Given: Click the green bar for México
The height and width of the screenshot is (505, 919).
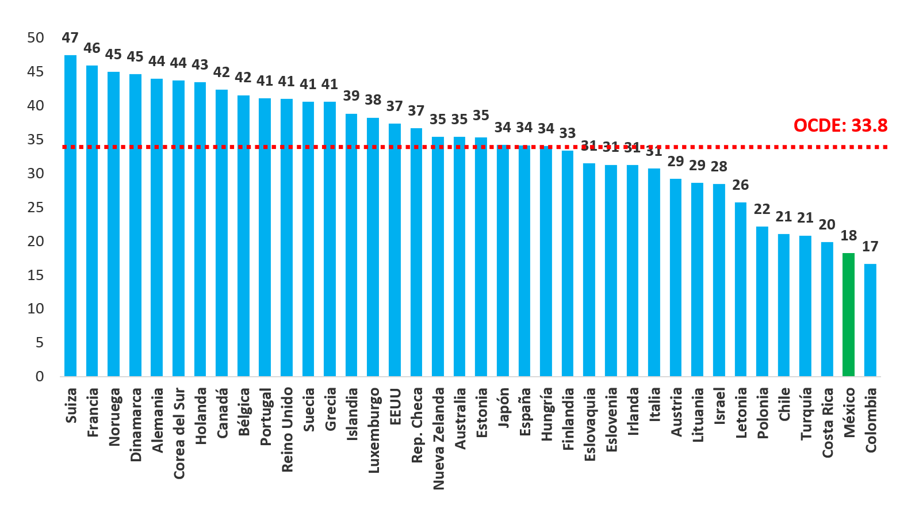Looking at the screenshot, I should pyautogui.click(x=848, y=315).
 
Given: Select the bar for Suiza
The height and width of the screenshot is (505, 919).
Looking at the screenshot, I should pyautogui.click(x=70, y=216).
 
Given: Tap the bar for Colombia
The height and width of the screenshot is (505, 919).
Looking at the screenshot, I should pyautogui.click(x=870, y=320).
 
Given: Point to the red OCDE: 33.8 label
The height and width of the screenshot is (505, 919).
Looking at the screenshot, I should pyautogui.click(x=840, y=125).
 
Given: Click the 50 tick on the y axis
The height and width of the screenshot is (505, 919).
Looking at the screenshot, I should pyautogui.click(x=36, y=38).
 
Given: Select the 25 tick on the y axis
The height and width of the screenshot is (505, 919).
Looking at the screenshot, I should pyautogui.click(x=36, y=207).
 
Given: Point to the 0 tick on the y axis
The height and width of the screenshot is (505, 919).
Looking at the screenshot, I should pyautogui.click(x=40, y=376).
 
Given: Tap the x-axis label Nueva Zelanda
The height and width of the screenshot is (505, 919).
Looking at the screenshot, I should pyautogui.click(x=439, y=438).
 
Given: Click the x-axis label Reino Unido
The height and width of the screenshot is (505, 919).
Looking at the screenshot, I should pyautogui.click(x=287, y=430).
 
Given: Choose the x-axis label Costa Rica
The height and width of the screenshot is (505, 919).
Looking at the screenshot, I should pyautogui.click(x=828, y=423).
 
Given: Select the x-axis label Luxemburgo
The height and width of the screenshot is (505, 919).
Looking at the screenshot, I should pyautogui.click(x=374, y=430).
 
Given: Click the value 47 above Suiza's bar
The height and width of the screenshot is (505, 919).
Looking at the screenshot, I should pyautogui.click(x=70, y=38).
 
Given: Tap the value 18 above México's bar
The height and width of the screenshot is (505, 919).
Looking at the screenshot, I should pyautogui.click(x=848, y=235).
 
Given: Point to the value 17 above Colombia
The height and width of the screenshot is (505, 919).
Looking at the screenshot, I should pyautogui.click(x=870, y=246).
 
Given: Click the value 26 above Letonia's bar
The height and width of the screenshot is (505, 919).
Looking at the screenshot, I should pyautogui.click(x=741, y=185).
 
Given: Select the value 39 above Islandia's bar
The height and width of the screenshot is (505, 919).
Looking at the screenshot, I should pyautogui.click(x=351, y=95).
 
